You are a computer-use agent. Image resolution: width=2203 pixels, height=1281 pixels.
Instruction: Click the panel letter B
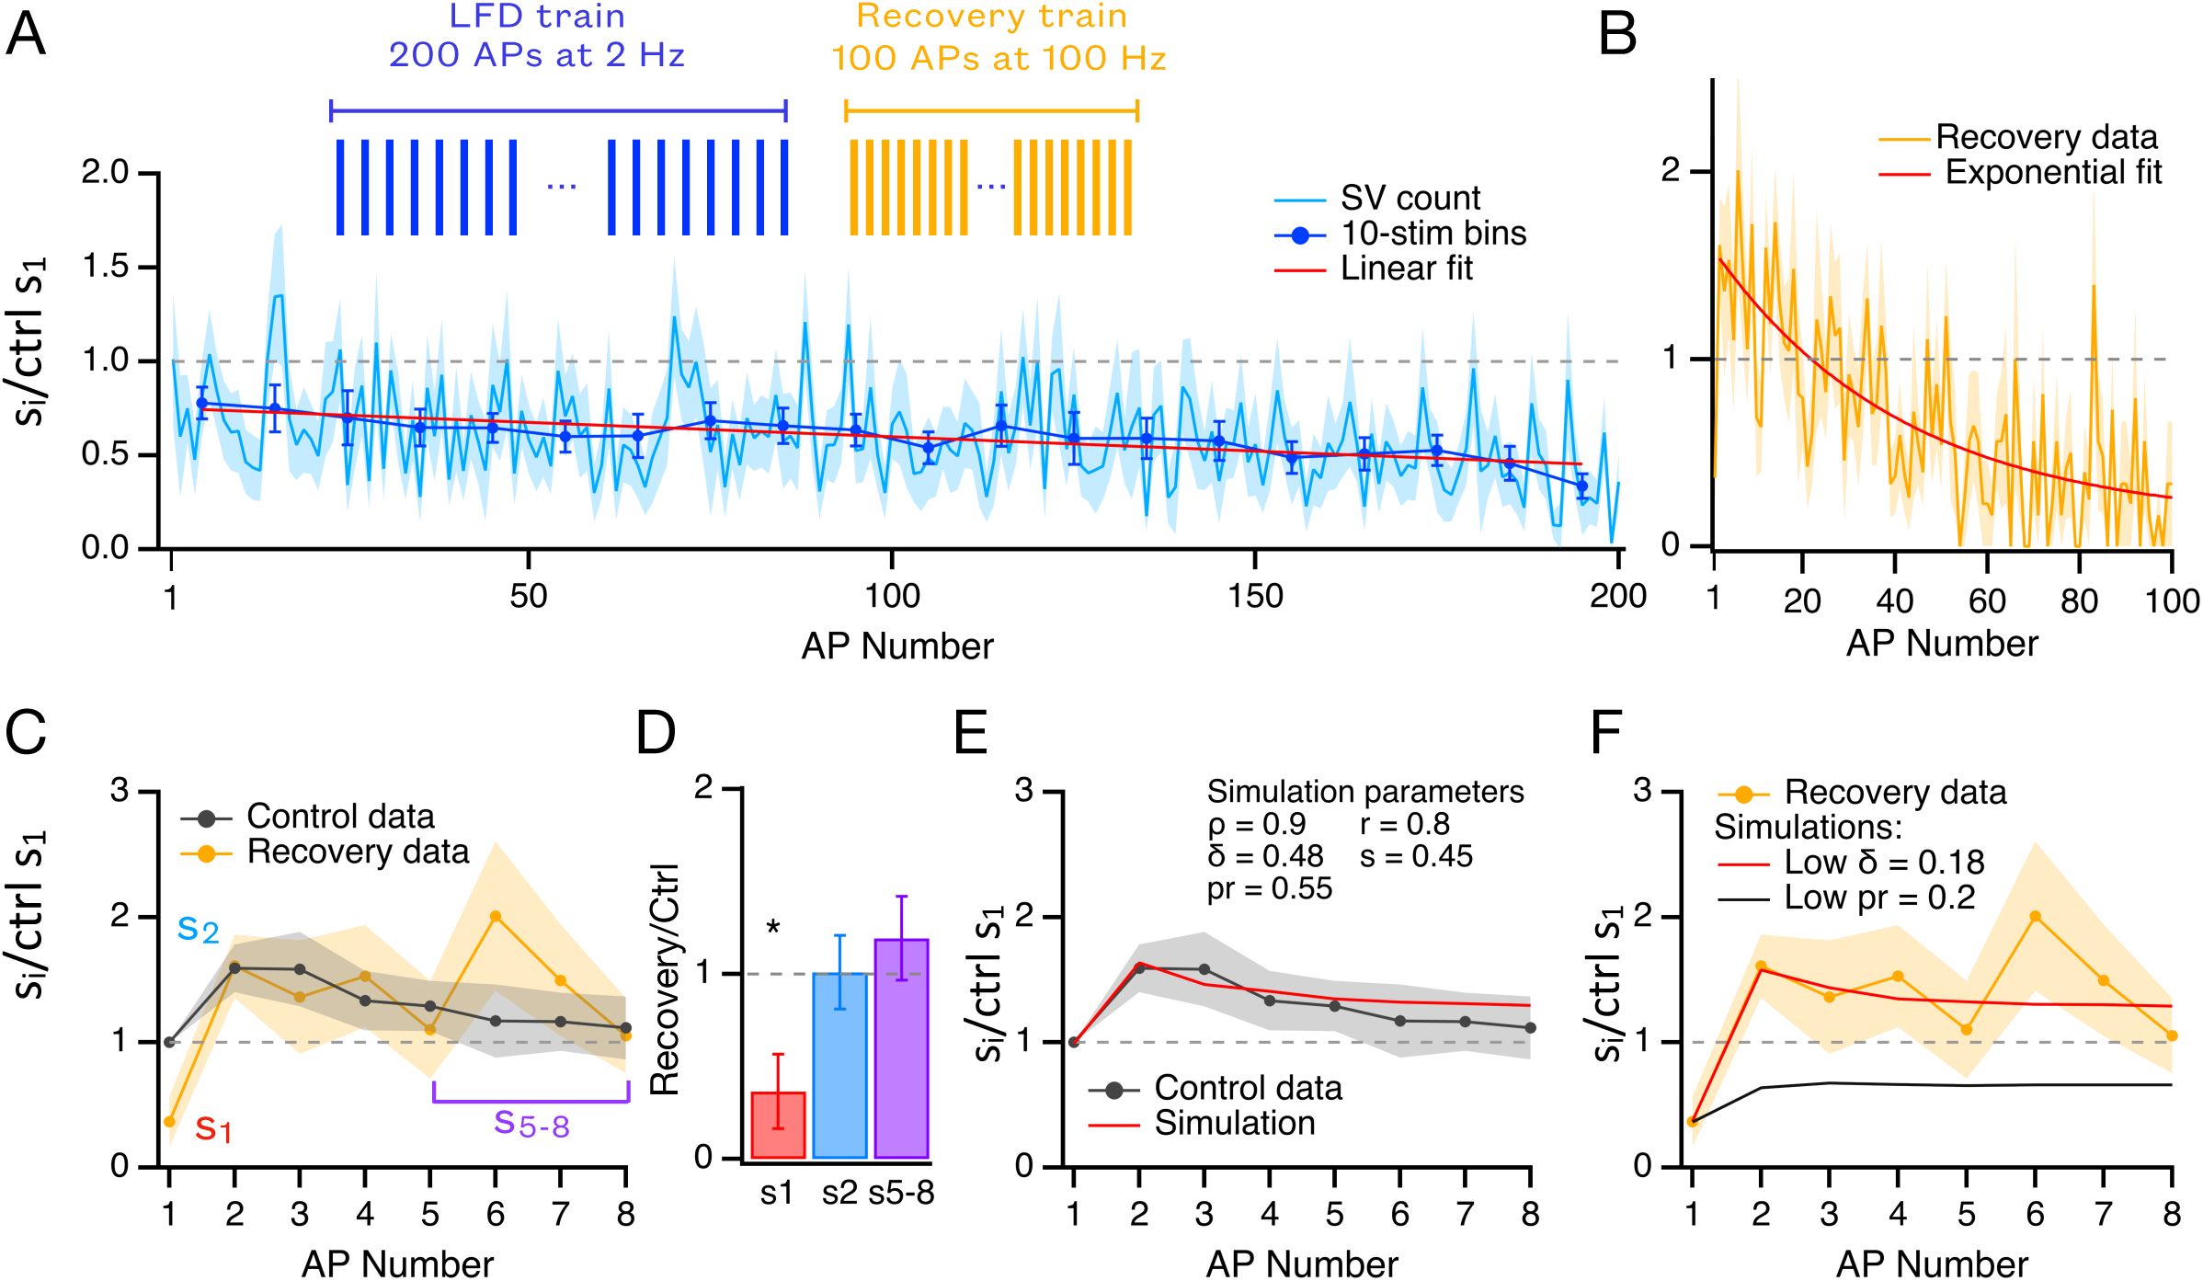(x=1617, y=35)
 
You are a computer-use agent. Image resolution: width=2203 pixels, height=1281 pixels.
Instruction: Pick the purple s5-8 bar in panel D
(x=901, y=1048)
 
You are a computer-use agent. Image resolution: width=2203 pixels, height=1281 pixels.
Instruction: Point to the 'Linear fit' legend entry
(x=1406, y=269)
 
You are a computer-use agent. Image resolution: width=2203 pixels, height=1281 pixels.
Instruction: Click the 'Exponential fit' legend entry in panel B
(x=2053, y=172)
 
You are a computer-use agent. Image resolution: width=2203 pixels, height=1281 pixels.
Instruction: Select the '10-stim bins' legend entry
(x=1433, y=234)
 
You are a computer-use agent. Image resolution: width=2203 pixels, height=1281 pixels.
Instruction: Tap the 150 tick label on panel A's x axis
(x=1255, y=597)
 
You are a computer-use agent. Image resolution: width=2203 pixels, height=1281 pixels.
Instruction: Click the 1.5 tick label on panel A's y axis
(x=107, y=267)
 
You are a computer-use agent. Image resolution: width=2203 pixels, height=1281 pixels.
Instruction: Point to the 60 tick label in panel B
(x=1987, y=601)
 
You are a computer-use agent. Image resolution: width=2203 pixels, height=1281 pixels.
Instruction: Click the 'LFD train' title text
(x=537, y=17)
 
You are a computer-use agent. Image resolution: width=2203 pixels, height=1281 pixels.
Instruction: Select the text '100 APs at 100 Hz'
(x=999, y=58)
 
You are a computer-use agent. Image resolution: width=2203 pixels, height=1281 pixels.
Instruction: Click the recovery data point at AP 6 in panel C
(x=496, y=916)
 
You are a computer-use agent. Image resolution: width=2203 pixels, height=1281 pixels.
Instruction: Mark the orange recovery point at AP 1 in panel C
(x=169, y=1122)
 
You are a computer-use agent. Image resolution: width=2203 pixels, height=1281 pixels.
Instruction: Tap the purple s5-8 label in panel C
(x=531, y=1124)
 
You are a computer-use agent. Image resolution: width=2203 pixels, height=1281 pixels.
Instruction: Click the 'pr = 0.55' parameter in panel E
(x=1269, y=888)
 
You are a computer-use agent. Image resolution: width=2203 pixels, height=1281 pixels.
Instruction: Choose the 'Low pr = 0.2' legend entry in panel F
(x=1879, y=898)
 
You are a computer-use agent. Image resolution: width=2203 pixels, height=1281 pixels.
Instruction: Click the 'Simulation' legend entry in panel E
(x=1234, y=1124)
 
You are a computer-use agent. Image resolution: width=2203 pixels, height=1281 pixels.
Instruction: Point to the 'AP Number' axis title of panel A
(x=896, y=646)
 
